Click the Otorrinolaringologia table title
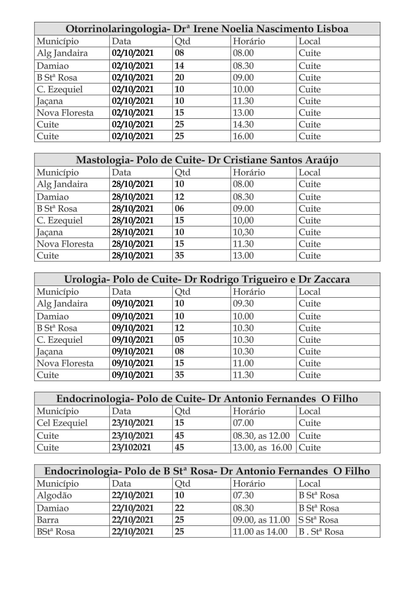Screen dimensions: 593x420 click(x=207, y=29)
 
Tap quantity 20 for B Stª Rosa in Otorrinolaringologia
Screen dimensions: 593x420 click(x=179, y=77)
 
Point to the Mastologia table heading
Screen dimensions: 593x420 click(x=207, y=160)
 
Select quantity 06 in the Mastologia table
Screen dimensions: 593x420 click(x=179, y=209)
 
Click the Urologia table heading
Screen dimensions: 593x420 click(x=207, y=279)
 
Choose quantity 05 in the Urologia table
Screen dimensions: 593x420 click(x=179, y=340)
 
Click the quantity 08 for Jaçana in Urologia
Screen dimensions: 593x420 click(x=179, y=351)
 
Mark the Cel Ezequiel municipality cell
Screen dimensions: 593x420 click(x=62, y=423)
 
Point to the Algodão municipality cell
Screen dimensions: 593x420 click(x=55, y=496)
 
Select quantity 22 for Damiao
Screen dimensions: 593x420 click(x=179, y=508)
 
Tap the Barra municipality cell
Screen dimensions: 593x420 click(x=48, y=520)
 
